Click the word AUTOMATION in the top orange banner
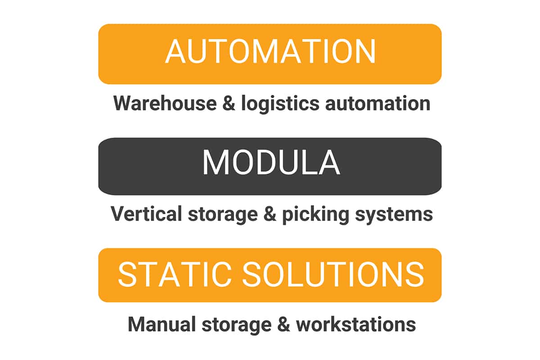(x=270, y=51)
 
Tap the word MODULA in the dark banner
(x=271, y=162)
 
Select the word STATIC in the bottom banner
(x=175, y=274)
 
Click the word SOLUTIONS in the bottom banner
(x=333, y=274)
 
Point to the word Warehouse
(x=165, y=103)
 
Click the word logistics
(x=280, y=103)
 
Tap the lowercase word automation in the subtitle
(x=378, y=103)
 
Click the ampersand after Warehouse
(x=229, y=103)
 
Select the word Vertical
(x=146, y=214)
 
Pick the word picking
(x=315, y=215)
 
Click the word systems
(x=394, y=215)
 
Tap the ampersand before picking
(x=270, y=214)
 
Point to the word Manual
(x=162, y=324)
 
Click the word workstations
(x=356, y=324)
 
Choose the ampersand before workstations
(x=283, y=324)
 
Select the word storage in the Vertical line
(x=223, y=215)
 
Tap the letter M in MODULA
(x=215, y=162)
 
